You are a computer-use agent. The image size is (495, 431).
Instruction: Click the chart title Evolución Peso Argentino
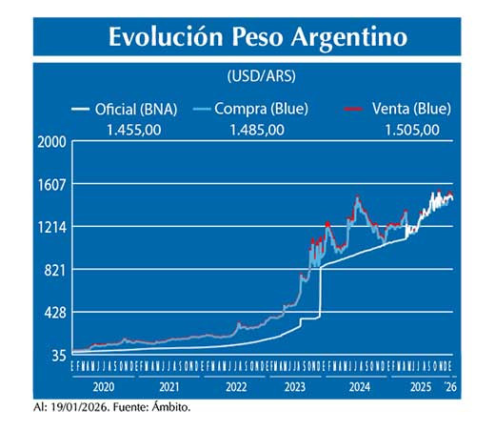coord(257,37)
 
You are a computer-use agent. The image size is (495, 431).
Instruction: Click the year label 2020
coord(104,389)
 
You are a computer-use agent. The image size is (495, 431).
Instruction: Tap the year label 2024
coord(359,389)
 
